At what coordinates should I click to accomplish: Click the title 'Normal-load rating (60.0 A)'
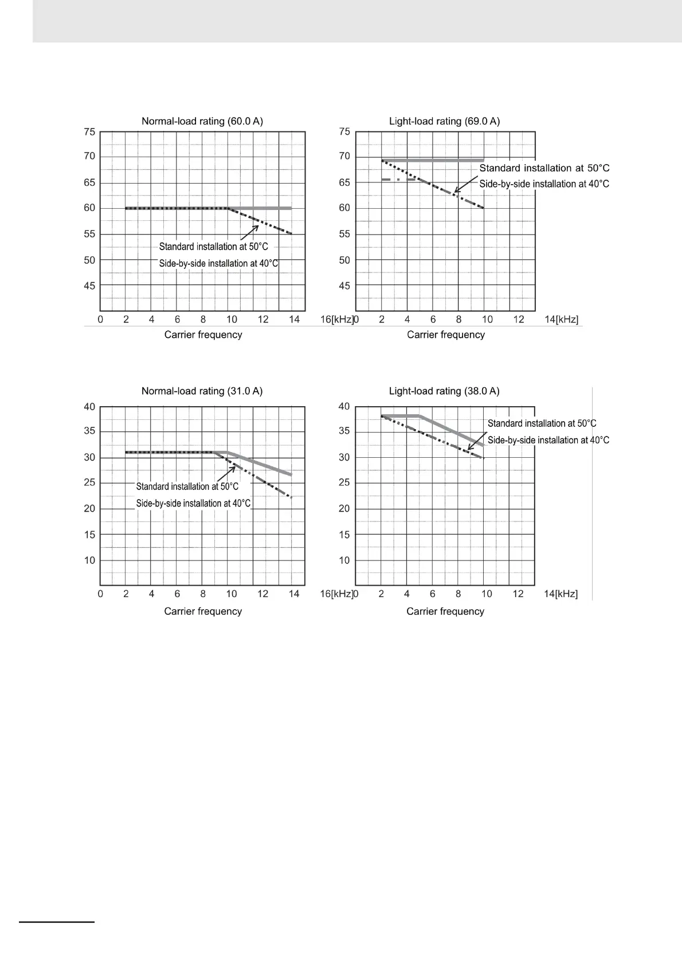pos(202,121)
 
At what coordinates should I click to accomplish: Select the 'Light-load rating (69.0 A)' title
pos(444,121)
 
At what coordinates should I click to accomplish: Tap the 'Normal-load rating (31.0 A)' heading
pos(202,391)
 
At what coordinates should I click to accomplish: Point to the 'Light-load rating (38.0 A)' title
pos(444,391)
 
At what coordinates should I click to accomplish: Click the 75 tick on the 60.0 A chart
pos(89,131)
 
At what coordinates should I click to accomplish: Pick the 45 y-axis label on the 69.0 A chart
pos(344,285)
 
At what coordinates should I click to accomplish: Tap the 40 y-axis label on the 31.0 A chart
pos(89,407)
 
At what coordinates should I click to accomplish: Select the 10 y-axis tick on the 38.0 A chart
pos(344,560)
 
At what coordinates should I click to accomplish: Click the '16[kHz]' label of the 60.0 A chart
pos(336,319)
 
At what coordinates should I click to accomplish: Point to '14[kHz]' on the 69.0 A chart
pos(562,319)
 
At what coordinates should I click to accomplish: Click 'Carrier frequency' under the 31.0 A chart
pos(203,611)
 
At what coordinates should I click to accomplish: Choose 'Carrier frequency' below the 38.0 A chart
pos(445,611)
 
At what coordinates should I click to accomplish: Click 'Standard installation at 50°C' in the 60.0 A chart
pos(213,247)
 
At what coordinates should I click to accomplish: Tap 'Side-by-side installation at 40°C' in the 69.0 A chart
pos(544,184)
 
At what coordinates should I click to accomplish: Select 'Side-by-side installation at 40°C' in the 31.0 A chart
pos(193,503)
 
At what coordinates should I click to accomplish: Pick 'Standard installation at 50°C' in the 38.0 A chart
pos(542,423)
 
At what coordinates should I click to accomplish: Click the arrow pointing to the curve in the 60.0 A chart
pos(249,232)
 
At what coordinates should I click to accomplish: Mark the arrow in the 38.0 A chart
pos(475,457)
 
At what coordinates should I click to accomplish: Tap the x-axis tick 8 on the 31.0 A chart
pos(203,594)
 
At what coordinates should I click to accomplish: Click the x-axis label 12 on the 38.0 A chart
pos(518,594)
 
